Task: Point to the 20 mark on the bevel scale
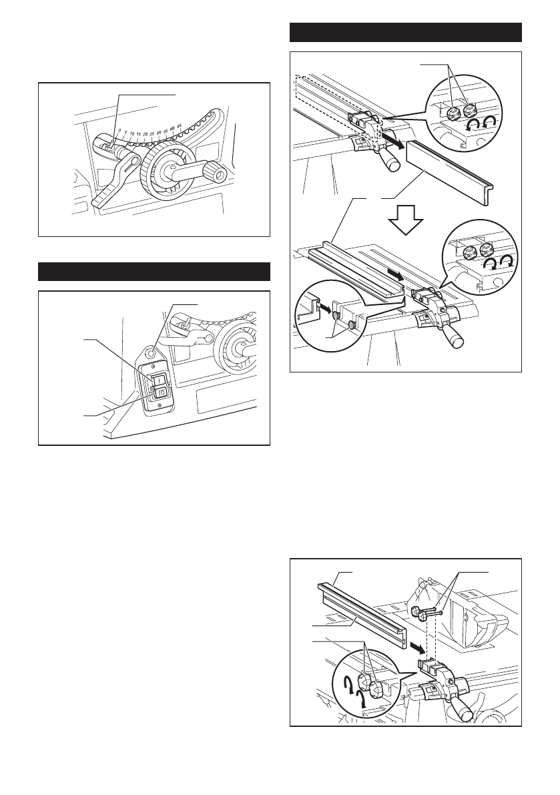pyautogui.click(x=145, y=134)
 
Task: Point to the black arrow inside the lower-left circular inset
pyautogui.click(x=324, y=309)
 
